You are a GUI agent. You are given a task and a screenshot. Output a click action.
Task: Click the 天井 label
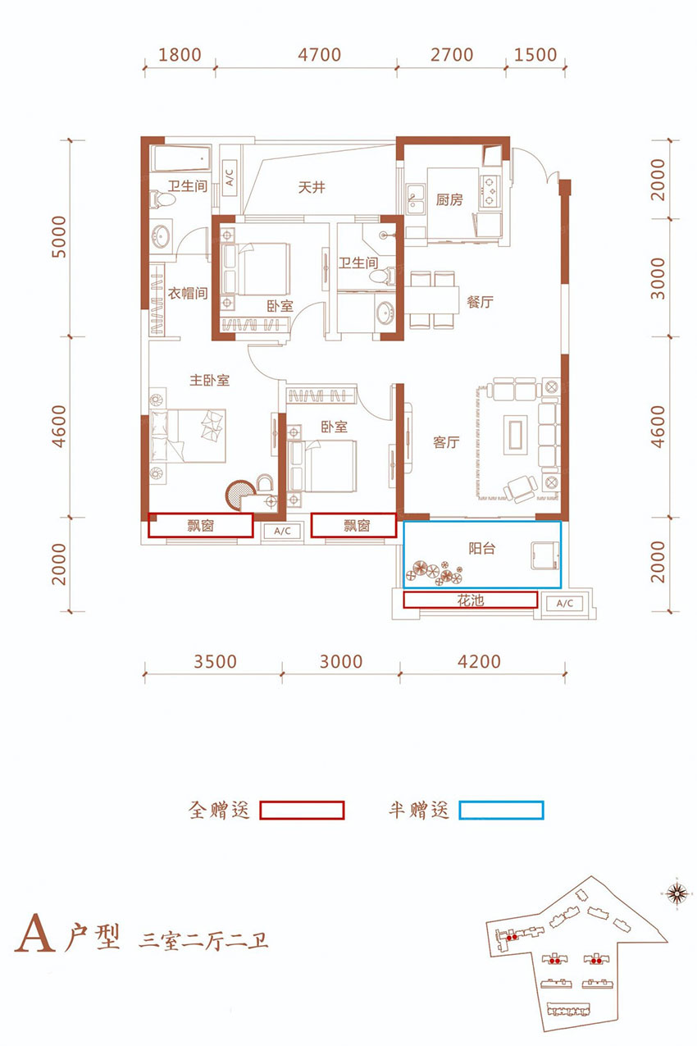pos(312,188)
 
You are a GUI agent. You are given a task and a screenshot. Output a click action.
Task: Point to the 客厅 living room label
pos(446,442)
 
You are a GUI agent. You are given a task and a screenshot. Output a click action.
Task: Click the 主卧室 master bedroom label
pos(209,381)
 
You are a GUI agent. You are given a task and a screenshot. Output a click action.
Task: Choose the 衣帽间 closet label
pos(188,293)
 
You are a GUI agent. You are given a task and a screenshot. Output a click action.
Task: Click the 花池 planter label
pos(470,601)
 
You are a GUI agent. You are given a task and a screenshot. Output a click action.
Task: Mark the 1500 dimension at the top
pos(535,55)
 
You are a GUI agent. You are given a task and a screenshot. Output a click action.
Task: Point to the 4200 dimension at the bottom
pos(479,661)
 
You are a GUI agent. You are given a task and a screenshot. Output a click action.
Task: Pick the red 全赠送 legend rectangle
pos(302,811)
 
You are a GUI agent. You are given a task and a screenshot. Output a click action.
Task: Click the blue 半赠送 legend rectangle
pos(501,811)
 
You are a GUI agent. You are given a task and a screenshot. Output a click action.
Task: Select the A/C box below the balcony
pos(564,604)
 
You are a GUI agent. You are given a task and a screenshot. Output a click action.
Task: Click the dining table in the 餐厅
pos(433,299)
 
